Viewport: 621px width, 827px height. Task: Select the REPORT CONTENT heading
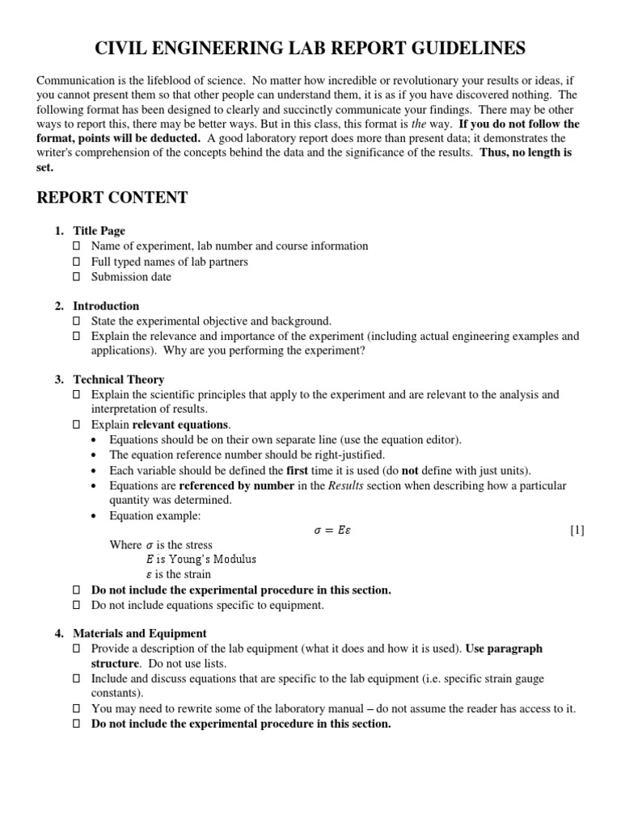[x=112, y=198]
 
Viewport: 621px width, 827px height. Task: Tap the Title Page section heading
[x=99, y=231]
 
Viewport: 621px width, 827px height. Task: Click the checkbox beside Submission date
[x=78, y=277]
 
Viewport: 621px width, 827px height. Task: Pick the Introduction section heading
[x=106, y=306]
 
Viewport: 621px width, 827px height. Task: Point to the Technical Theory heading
[x=118, y=380]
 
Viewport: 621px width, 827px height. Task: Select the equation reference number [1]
[x=577, y=531]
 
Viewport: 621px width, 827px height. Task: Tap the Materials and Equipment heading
[x=139, y=633]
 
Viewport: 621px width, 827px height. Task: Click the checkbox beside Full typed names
[x=78, y=262]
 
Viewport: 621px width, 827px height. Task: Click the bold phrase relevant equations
[x=181, y=425]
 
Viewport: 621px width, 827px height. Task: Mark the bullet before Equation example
[x=96, y=515]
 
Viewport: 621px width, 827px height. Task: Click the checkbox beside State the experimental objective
[x=78, y=321]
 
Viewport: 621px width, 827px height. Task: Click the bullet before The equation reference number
[x=96, y=455]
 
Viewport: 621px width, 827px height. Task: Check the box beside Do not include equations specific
[x=78, y=605]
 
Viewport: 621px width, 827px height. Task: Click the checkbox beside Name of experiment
[x=78, y=246]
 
